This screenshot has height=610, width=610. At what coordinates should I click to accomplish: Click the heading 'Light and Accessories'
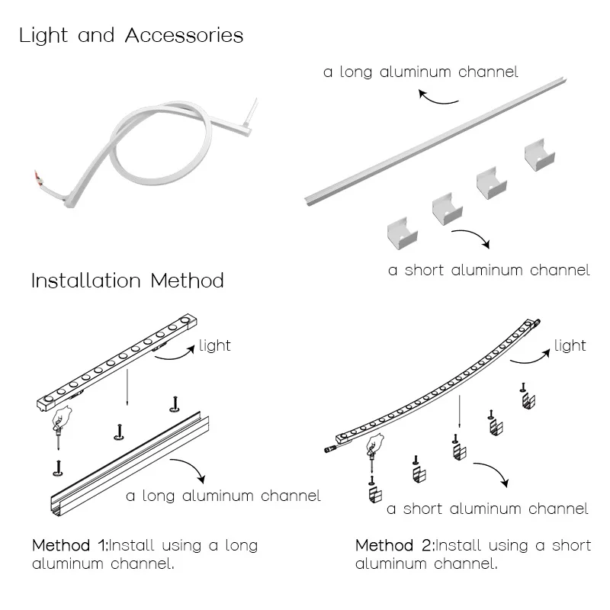(x=131, y=35)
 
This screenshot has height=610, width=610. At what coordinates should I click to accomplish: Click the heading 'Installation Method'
(x=127, y=281)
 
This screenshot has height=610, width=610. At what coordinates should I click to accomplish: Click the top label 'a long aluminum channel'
(x=421, y=72)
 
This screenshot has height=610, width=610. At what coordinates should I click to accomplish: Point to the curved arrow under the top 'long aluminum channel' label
(x=438, y=98)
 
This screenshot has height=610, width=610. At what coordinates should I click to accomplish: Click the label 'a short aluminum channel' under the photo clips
(x=489, y=270)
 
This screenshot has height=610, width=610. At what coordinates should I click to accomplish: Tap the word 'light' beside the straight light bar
(x=214, y=345)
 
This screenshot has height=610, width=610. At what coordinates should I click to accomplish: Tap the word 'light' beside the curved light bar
(x=570, y=346)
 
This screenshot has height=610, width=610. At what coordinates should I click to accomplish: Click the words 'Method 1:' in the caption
(x=70, y=546)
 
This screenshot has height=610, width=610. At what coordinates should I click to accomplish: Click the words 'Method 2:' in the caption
(x=394, y=546)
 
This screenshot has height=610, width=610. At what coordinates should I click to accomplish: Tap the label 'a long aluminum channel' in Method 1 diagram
(x=223, y=496)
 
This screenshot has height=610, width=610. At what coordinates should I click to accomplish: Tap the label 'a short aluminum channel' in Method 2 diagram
(x=487, y=509)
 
